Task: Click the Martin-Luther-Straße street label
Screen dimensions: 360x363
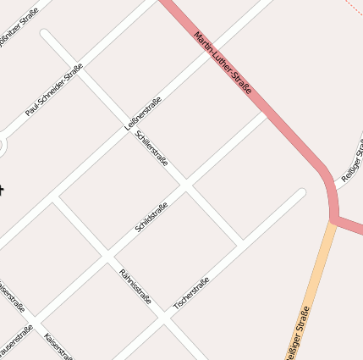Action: coord(224,64)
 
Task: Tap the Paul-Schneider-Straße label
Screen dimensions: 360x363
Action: coord(54,90)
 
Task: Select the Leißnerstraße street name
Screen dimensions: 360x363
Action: coord(143,113)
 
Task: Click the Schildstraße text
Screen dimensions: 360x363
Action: coord(152,216)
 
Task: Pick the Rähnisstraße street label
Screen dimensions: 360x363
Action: coord(135,285)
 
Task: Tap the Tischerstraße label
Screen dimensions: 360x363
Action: coord(191,294)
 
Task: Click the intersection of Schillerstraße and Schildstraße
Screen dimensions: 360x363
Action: coord(187,184)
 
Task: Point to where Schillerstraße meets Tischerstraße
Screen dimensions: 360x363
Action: coord(242,242)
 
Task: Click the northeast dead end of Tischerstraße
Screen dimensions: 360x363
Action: coord(301,192)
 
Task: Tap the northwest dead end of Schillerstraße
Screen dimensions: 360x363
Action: coord(45,34)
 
